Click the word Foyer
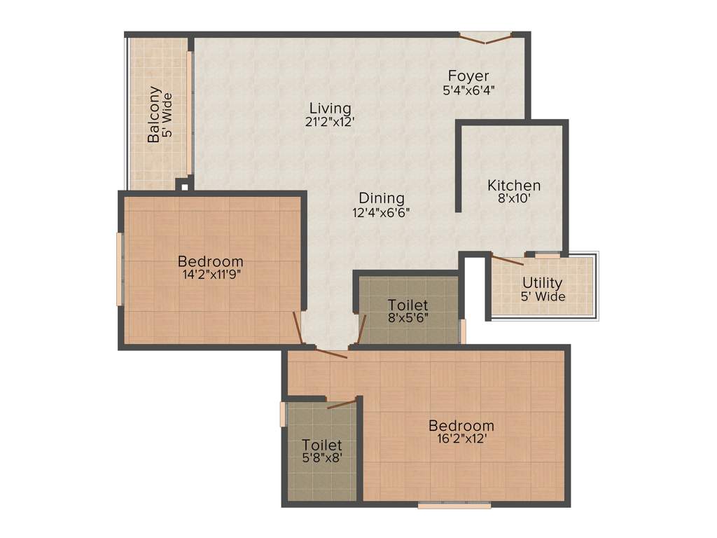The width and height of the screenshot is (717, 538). click(468, 76)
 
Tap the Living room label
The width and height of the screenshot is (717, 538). click(330, 109)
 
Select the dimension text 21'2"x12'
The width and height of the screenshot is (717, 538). click(330, 121)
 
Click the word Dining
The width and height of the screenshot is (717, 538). click(382, 198)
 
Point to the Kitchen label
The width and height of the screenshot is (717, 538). click(514, 186)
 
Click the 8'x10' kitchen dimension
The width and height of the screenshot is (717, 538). click(514, 198)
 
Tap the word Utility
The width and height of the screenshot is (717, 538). click(543, 283)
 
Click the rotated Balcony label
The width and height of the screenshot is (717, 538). click(154, 114)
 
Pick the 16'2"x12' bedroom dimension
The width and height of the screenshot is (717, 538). click(461, 439)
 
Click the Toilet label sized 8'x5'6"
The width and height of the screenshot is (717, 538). click(408, 305)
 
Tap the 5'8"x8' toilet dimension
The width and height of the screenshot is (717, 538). click(322, 458)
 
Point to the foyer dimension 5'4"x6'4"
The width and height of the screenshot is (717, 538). click(468, 90)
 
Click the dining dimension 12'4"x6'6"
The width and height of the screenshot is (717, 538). click(382, 212)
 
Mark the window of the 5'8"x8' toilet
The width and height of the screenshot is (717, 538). click(283, 414)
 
